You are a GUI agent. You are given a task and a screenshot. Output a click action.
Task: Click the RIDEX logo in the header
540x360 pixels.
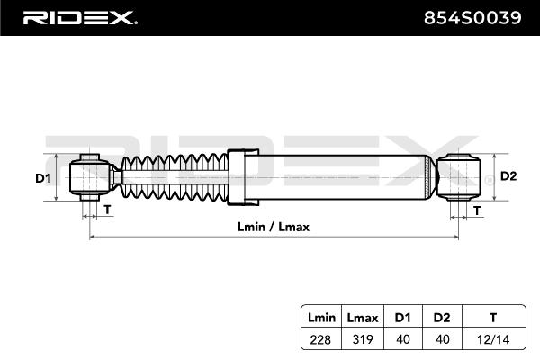(80, 18)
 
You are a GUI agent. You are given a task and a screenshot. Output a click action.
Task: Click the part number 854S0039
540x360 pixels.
(472, 18)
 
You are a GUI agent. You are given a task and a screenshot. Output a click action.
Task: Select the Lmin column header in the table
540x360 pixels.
(321, 318)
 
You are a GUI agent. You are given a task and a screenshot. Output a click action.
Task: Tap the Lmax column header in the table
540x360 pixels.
(363, 318)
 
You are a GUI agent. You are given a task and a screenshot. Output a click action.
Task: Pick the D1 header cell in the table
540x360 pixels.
(402, 318)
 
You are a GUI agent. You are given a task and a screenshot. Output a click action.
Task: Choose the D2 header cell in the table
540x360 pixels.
(442, 318)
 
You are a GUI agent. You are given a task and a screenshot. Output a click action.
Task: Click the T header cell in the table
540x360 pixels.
(493, 318)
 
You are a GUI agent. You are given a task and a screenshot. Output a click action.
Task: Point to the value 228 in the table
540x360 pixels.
(320, 339)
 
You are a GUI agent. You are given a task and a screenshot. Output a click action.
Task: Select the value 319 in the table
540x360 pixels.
(363, 339)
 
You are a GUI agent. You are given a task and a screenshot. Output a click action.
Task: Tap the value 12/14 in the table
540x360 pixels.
(493, 339)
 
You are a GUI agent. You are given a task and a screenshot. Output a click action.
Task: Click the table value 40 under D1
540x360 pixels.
(402, 339)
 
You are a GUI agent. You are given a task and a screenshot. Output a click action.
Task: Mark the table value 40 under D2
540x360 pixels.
(442, 339)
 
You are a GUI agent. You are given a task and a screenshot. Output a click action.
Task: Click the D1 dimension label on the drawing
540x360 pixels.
(43, 178)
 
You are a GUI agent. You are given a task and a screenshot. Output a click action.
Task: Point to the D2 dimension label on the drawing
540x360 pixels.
(508, 176)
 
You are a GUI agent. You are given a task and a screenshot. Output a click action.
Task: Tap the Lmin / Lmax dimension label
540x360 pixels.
(274, 227)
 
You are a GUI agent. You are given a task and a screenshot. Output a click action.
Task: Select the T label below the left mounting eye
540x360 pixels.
(107, 209)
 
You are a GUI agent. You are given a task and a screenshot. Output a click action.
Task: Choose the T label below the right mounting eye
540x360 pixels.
(477, 210)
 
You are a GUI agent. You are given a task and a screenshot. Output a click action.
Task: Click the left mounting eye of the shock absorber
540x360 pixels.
(89, 177)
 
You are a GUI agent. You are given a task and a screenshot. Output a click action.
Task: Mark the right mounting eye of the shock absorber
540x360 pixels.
(459, 177)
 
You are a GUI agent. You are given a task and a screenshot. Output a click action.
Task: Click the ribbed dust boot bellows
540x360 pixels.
(175, 177)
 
